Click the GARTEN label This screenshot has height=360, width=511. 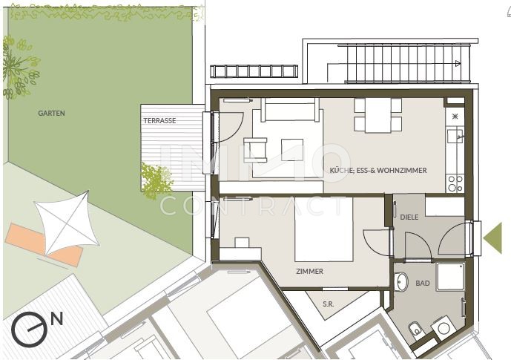click(51, 113)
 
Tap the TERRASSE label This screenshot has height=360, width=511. click(159, 121)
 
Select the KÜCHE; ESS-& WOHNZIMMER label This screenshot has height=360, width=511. click(378, 170)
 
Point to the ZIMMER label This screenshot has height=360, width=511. click(309, 272)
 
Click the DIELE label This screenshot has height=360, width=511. click(409, 217)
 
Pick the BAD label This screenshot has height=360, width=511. click(422, 284)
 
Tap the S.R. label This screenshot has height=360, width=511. click(328, 304)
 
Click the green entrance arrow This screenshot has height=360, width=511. click(492, 238)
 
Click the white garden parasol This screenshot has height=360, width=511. click(67, 223)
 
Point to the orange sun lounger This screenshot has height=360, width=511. click(44, 244)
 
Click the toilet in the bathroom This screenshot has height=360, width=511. click(415, 329)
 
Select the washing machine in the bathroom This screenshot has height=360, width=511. click(443, 328)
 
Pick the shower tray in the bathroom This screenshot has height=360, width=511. click(450, 277)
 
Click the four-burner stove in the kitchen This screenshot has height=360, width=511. click(455, 183)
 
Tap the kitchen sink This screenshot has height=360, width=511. click(455, 136)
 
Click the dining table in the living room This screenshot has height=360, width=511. click(378, 115)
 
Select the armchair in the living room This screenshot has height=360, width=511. click(255, 150)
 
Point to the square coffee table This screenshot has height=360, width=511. click(292, 150)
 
